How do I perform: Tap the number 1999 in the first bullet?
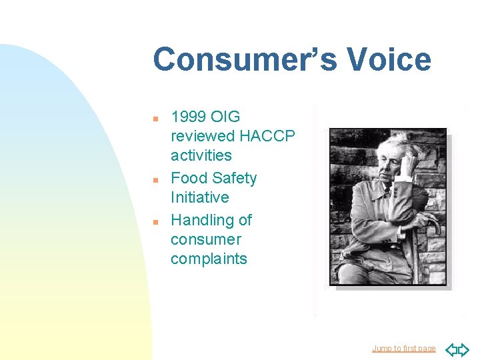click(x=189, y=117)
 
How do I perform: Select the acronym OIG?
click(x=225, y=117)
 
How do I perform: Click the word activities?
click(x=201, y=155)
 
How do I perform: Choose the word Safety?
click(x=234, y=178)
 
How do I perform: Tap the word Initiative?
click(x=199, y=197)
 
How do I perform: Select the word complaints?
click(x=209, y=259)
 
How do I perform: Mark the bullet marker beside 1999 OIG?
click(x=155, y=118)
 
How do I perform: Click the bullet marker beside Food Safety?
click(x=155, y=179)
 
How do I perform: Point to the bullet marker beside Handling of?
click(x=155, y=221)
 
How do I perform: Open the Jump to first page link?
click(x=403, y=349)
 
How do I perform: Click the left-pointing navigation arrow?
click(x=451, y=349)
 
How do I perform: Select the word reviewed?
click(x=203, y=136)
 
